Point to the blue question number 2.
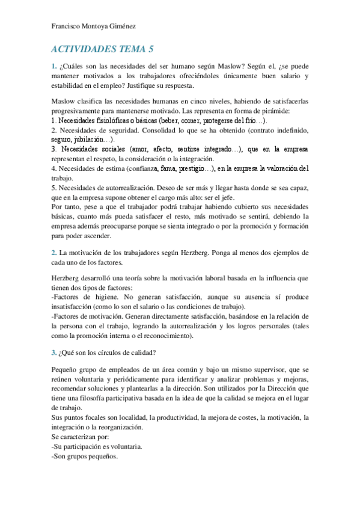(x=53, y=252)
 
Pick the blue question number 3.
(x=53, y=351)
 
